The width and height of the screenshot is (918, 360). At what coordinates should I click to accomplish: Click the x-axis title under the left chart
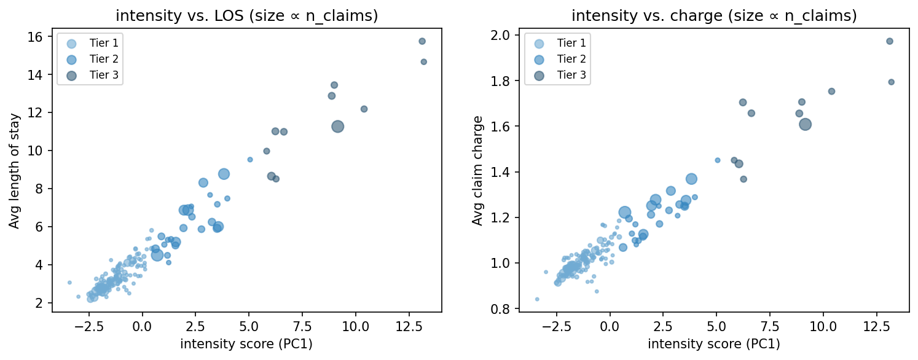point(246,344)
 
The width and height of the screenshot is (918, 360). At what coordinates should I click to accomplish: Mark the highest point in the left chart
point(422,41)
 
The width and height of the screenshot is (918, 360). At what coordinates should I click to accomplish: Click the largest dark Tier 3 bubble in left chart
point(337,126)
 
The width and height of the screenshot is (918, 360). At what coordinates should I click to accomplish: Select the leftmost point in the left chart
point(69,283)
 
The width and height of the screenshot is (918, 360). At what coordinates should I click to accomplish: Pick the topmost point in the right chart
point(889,41)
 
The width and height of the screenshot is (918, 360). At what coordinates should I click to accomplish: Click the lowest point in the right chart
point(537,299)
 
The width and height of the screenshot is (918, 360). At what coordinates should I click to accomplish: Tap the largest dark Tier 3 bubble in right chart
point(806,124)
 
